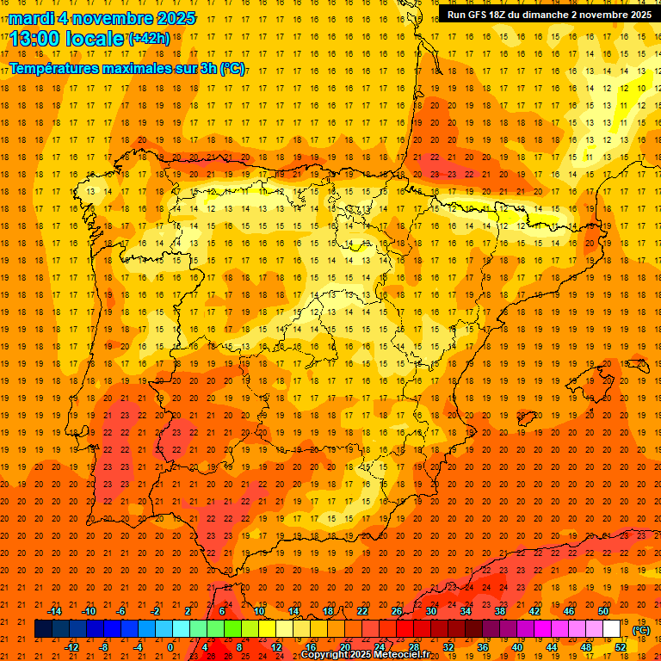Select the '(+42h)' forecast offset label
pos(149,38)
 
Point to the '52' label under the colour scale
pos(621,647)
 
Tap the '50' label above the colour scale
pos(603,611)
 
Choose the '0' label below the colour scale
pos(170,647)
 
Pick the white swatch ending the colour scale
pos(611,629)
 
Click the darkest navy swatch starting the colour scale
pos(43,629)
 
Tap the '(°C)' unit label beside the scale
pos(641,630)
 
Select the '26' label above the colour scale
pos(397,611)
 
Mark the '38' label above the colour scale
pos(500,611)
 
